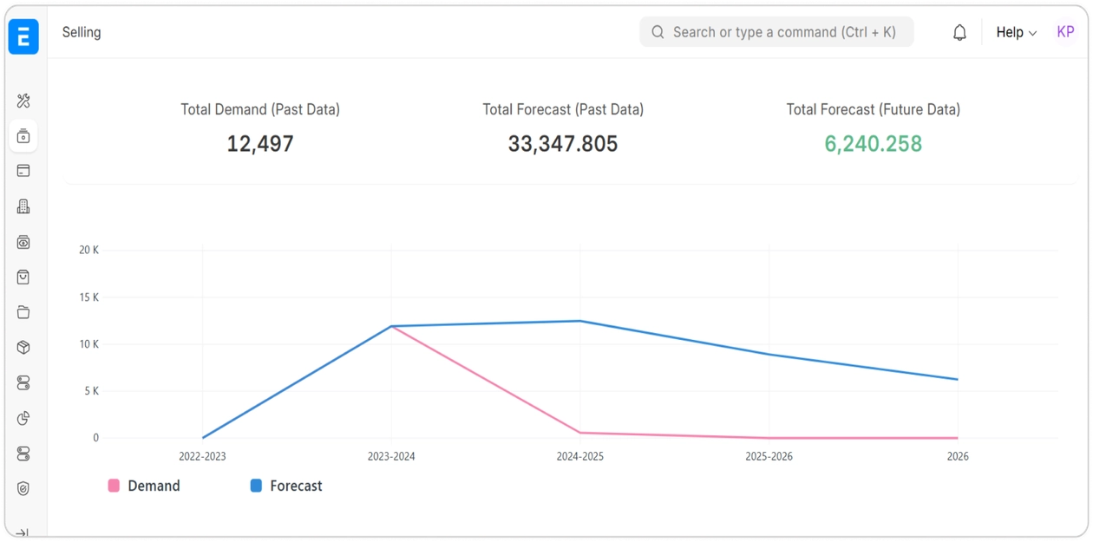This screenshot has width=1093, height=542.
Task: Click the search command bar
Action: pos(776,32)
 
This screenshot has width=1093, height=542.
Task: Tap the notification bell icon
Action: pos(959,33)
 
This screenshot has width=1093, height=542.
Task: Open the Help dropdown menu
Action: pos(1016,32)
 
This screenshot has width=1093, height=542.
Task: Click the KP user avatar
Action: pos(1065,32)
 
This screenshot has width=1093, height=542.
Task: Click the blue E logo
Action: pos(23,36)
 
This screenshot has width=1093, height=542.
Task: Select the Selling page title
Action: pos(82,32)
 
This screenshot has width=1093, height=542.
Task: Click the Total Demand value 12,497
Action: pos(260,144)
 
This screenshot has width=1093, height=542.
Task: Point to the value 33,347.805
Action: pos(563,144)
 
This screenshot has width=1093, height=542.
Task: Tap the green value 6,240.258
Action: pos(873,144)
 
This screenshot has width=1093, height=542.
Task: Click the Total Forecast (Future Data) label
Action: pos(873,109)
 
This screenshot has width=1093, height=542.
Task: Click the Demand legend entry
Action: pos(145,486)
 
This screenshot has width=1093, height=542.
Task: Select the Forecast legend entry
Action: pos(287,486)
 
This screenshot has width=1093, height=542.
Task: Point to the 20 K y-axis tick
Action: pos(89,250)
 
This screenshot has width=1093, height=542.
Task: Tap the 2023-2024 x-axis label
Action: pos(391,456)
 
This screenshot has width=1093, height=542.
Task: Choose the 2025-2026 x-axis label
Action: pos(769,456)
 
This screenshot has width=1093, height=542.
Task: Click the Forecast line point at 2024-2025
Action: pos(580,321)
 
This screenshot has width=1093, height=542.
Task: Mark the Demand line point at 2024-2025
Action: pos(580,433)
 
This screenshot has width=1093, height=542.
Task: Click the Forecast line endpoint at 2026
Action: pos(958,379)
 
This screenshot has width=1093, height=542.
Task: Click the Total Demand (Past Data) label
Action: pos(260,109)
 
